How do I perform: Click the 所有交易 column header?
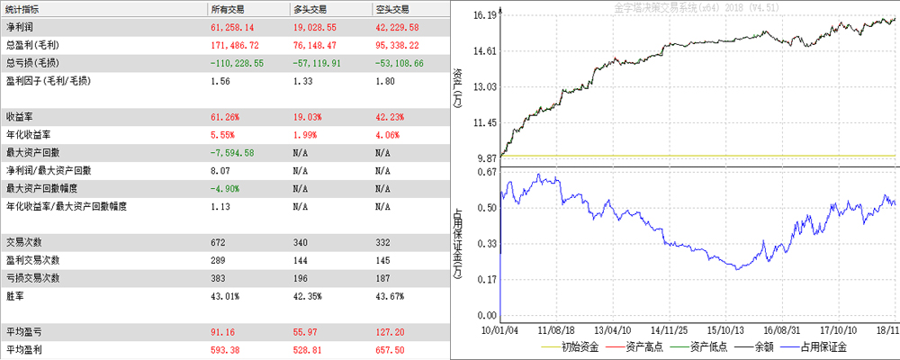coord(227,8)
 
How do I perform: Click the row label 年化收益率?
coord(26,134)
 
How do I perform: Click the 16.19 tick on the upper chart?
coord(485,15)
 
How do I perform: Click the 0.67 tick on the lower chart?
coord(487,172)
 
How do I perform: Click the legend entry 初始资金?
coord(580,346)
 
